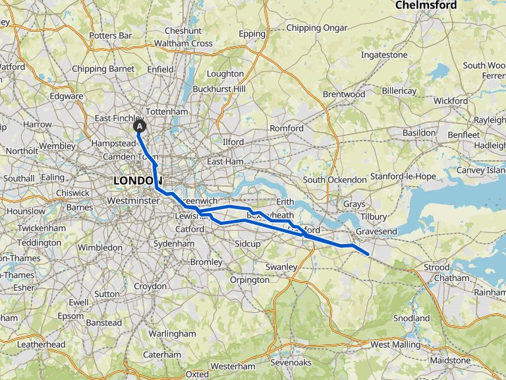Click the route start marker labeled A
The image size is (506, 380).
140,125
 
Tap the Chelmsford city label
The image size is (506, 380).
426,5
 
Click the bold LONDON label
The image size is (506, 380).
137,181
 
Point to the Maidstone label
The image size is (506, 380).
450,361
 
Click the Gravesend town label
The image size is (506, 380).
376,232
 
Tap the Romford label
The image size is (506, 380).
287,128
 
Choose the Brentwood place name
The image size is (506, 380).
343,94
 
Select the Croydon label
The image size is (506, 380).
150,286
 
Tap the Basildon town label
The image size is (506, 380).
420,133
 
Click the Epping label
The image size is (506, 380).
252,34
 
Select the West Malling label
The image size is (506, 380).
395,344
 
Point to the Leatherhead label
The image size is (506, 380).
41,344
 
